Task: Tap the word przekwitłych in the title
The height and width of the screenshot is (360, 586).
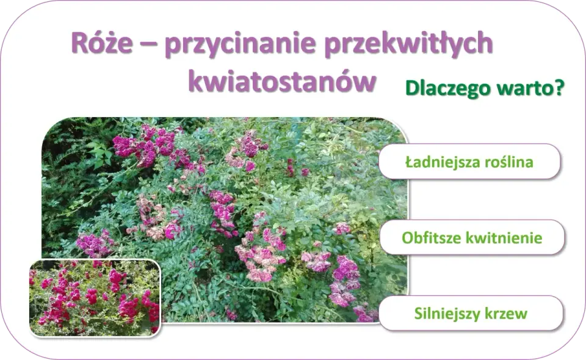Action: point(409,44)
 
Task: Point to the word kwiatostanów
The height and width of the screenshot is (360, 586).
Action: point(282,81)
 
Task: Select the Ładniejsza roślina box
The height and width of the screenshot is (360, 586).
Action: point(469,161)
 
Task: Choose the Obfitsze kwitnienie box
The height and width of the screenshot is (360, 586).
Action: point(472,237)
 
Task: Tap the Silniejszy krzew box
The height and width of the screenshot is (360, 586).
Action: point(471,313)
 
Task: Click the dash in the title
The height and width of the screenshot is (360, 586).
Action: point(148,45)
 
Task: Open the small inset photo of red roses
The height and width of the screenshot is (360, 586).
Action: point(95,298)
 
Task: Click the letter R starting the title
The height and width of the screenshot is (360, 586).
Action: point(79,43)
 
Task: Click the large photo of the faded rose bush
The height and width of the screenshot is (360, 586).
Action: point(224,220)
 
